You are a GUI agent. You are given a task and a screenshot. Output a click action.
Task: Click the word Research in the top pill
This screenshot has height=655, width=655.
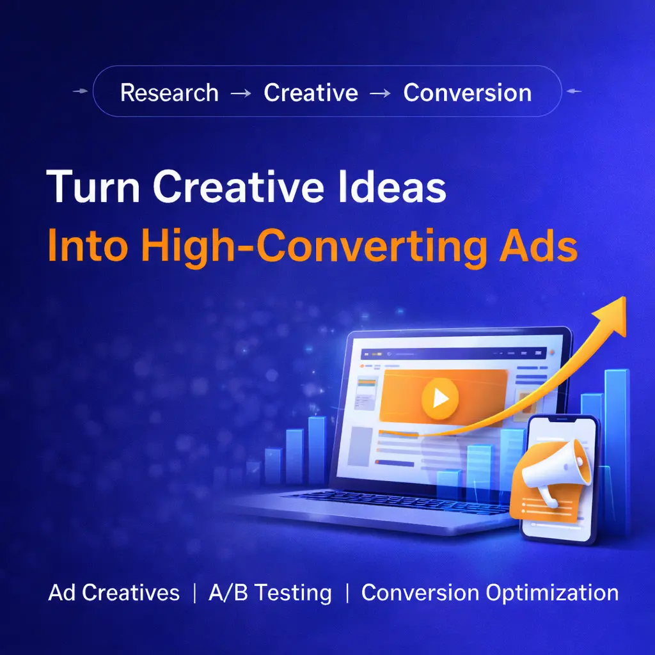pyautogui.click(x=169, y=92)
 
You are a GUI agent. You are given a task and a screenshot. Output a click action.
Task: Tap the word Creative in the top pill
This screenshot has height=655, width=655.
pyautogui.click(x=311, y=92)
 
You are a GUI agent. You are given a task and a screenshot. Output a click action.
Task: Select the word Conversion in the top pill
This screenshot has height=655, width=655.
pyautogui.click(x=468, y=92)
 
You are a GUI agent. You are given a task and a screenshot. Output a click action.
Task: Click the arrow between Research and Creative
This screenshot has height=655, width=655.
pyautogui.click(x=241, y=93)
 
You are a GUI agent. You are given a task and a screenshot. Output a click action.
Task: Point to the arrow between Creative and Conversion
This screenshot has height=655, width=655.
pyautogui.click(x=381, y=93)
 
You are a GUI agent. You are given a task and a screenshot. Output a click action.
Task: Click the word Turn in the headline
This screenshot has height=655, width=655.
pyautogui.click(x=93, y=186)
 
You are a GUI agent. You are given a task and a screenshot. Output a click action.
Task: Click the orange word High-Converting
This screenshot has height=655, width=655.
pyautogui.click(x=313, y=248)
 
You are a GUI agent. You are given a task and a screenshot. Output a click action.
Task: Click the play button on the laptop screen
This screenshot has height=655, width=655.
pyautogui.click(x=440, y=398)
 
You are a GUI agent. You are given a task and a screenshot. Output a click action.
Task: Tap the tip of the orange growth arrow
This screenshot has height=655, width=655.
pyautogui.click(x=625, y=297)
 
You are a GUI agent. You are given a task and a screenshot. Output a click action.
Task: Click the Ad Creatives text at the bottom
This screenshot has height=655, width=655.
pyautogui.click(x=114, y=592)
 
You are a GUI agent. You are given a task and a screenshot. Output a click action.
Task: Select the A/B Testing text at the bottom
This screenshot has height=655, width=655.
pyautogui.click(x=270, y=593)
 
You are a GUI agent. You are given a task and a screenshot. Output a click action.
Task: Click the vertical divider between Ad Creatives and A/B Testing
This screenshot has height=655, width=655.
pyautogui.click(x=194, y=593)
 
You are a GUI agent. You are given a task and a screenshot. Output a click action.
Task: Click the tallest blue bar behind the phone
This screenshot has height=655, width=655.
pyautogui.click(x=617, y=451)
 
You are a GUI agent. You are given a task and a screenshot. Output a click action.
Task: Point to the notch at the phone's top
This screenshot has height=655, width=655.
pyautogui.click(x=561, y=419)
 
